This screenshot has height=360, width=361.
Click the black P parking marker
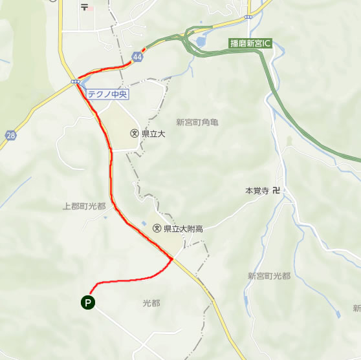click(x=87, y=301)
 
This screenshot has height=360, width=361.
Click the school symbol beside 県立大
click(x=134, y=134)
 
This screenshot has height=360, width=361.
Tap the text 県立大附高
click(x=183, y=228)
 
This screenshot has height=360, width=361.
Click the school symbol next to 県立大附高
click(x=156, y=228)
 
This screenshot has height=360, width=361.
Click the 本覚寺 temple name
click(x=256, y=191)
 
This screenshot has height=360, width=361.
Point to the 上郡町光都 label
click(x=84, y=206)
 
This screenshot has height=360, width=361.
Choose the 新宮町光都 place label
click(x=269, y=276)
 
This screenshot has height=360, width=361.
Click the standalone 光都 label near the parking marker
click(x=151, y=302)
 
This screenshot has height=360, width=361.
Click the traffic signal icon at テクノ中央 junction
click(x=76, y=81)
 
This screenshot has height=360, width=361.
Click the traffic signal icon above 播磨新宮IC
click(x=248, y=16)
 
